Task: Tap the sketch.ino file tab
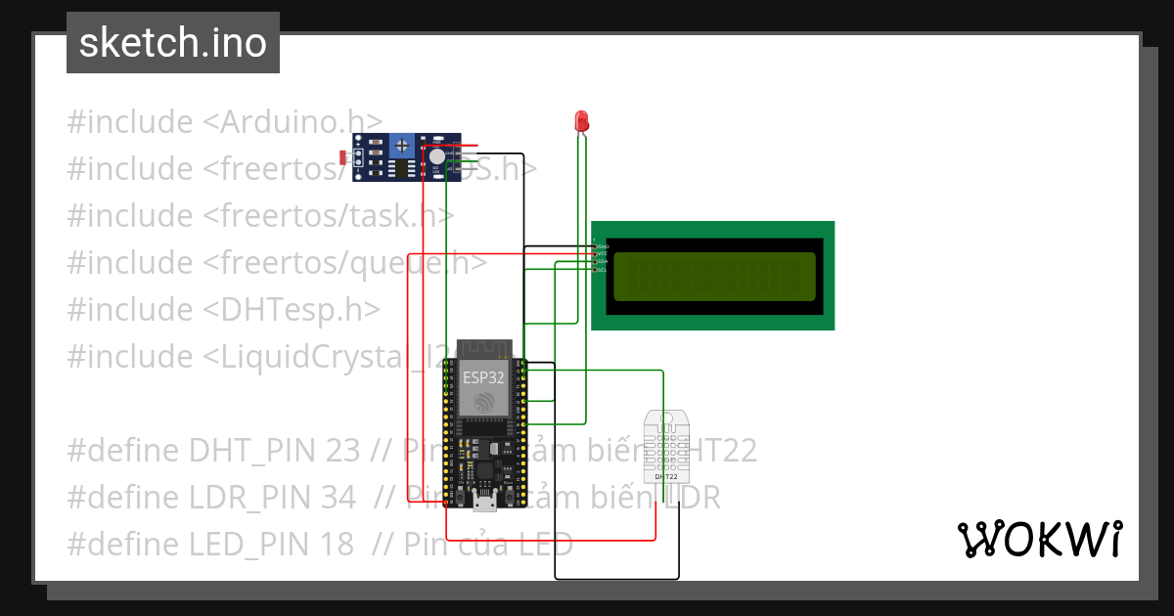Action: tap(173, 43)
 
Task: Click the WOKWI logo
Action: tap(1039, 539)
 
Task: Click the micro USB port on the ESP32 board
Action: tap(483, 503)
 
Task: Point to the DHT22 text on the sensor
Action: tap(665, 476)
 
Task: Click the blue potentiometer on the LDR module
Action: tap(400, 146)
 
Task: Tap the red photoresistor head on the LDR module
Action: tap(342, 156)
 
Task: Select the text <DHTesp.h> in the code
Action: tap(292, 310)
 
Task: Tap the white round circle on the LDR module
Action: tap(436, 156)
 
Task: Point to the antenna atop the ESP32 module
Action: tap(481, 347)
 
